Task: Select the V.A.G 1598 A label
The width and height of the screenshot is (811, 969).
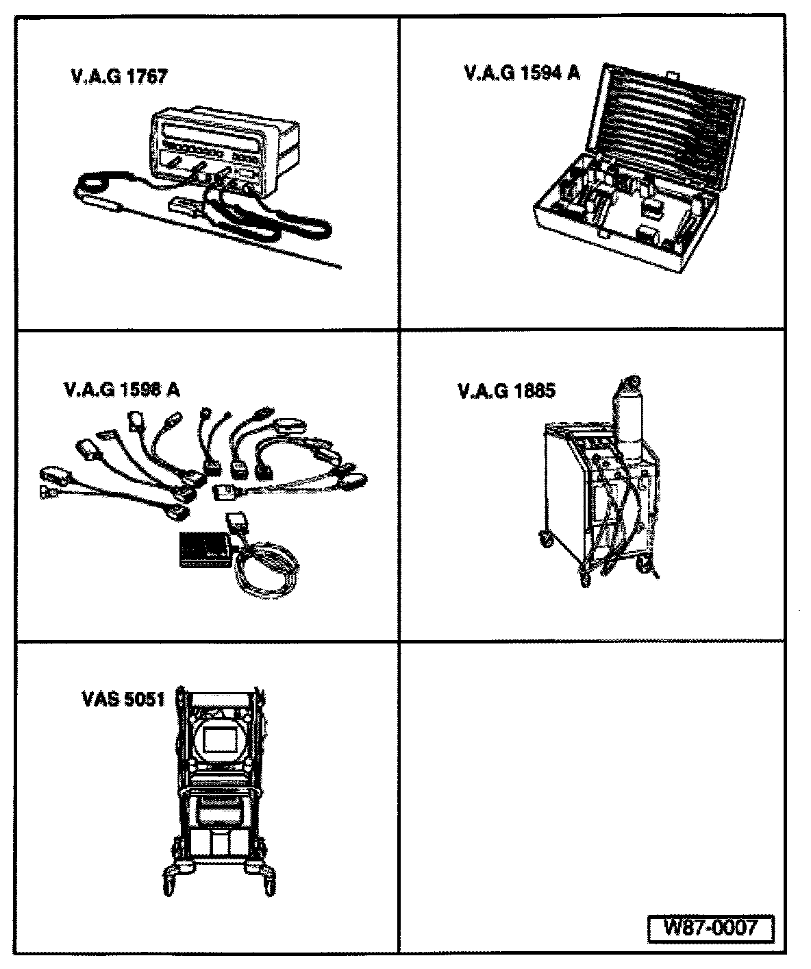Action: (122, 389)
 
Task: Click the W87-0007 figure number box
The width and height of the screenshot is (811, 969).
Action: (710, 929)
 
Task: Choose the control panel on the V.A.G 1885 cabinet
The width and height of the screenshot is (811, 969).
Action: (594, 445)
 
